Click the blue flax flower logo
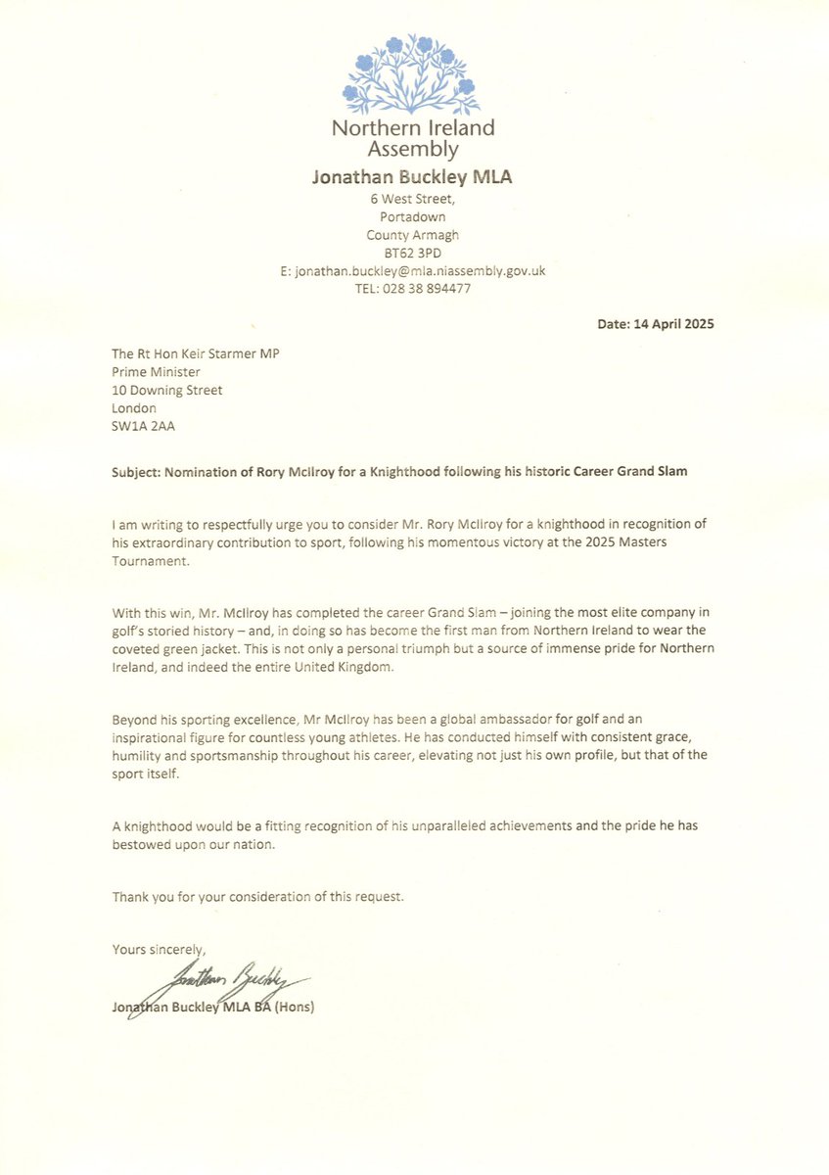pyautogui.click(x=413, y=75)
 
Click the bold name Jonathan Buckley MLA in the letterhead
pyautogui.click(x=412, y=177)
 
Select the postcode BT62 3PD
pyautogui.click(x=412, y=253)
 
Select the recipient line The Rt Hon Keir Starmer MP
pyautogui.click(x=195, y=354)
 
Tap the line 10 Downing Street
pyautogui.click(x=167, y=390)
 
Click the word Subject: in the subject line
pyautogui.click(x=140, y=471)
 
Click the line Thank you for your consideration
pyautogui.click(x=257, y=896)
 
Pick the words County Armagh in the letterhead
pyautogui.click(x=412, y=235)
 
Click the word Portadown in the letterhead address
pyautogui.click(x=412, y=217)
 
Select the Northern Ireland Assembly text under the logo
pyautogui.click(x=412, y=138)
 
